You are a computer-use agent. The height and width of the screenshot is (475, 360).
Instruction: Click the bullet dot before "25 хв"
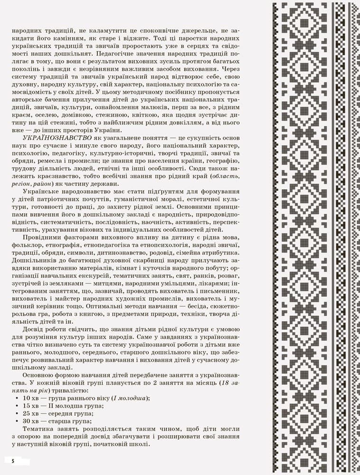[x=18, y=413]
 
